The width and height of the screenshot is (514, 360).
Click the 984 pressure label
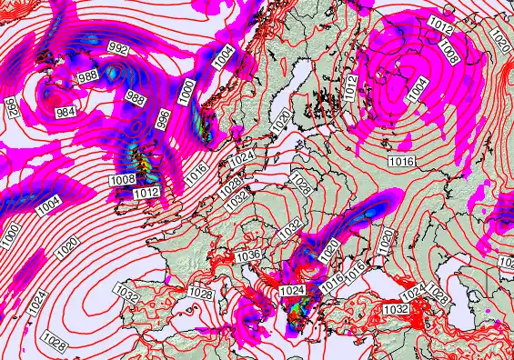coord(66,112)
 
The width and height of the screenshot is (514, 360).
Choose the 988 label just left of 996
coord(135,97)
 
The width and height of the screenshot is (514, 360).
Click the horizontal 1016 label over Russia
coord(401,161)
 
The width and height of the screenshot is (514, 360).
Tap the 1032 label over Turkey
coord(396,309)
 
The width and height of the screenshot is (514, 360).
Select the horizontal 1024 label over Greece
coord(292,291)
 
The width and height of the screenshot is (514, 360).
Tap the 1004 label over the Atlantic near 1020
coord(49,205)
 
